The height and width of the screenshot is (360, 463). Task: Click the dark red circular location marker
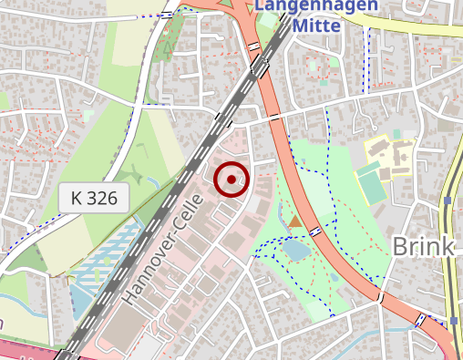coord(231,180)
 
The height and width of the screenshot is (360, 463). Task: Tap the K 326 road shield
coord(95,198)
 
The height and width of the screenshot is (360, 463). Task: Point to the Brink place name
coord(423,246)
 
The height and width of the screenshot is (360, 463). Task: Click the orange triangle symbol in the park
coord(294,221)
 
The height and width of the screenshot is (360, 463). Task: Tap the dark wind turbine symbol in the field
coord(134,171)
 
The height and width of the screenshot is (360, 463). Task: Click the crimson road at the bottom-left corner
coord(23,350)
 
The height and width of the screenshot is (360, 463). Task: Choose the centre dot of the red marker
coord(231,180)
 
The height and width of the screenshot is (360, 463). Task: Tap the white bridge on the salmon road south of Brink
coord(381,298)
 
